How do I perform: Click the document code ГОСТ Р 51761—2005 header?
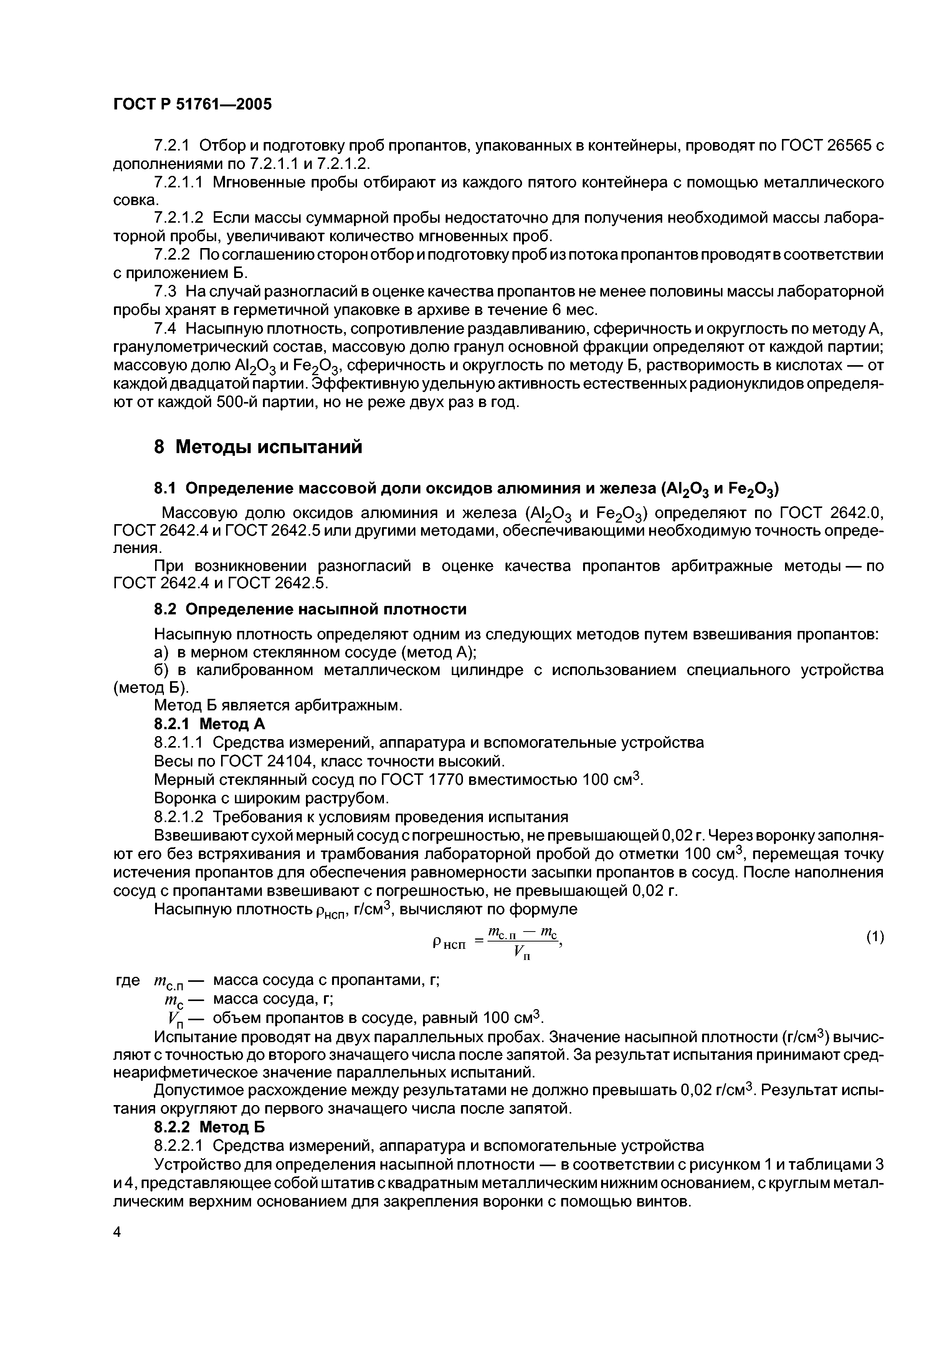192,105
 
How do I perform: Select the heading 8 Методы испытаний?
258,447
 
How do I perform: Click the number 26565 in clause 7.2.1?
849,146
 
